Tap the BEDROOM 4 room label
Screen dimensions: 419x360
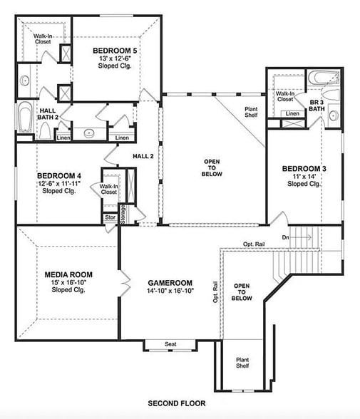pyautogui.click(x=59, y=175)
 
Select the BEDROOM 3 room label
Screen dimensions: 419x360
pyautogui.click(x=304, y=168)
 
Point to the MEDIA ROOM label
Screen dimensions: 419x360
pyautogui.click(x=68, y=274)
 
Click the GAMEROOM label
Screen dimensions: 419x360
pyautogui.click(x=171, y=282)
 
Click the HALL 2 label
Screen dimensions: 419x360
pyautogui.click(x=143, y=156)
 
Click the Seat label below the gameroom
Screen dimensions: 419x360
pyautogui.click(x=170, y=344)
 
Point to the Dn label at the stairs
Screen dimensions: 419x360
pyautogui.click(x=286, y=237)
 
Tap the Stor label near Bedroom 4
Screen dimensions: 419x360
pyautogui.click(x=110, y=219)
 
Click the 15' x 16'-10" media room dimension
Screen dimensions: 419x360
pyautogui.click(x=68, y=283)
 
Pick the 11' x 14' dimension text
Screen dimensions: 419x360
pyautogui.click(x=304, y=176)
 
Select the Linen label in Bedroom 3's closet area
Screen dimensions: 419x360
pyautogui.click(x=292, y=113)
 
